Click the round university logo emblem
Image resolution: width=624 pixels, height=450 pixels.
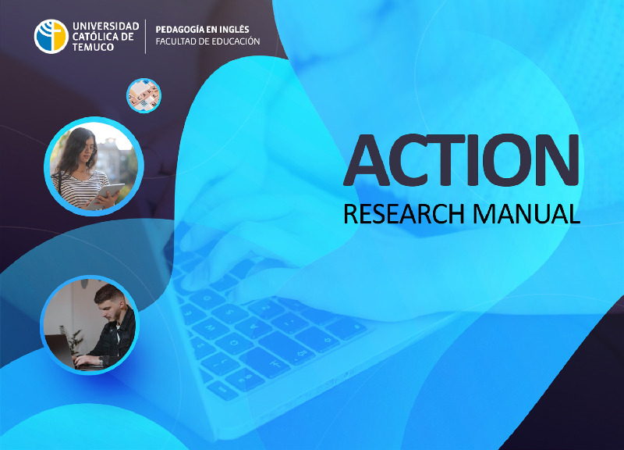[x=51, y=36]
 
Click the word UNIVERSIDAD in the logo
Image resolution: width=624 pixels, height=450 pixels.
[x=106, y=27]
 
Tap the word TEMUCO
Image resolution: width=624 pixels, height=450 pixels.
[x=93, y=47]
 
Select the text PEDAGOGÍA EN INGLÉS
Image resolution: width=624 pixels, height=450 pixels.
[x=202, y=30]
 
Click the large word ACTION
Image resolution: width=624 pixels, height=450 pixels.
[x=461, y=160]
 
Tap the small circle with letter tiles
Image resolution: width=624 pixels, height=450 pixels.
[x=144, y=95]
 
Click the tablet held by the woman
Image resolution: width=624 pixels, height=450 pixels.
[x=105, y=195]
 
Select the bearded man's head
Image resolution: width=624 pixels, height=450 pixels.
[x=109, y=300]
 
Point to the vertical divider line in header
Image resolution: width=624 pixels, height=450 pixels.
[x=146, y=36]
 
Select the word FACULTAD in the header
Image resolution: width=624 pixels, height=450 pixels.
[x=174, y=41]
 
